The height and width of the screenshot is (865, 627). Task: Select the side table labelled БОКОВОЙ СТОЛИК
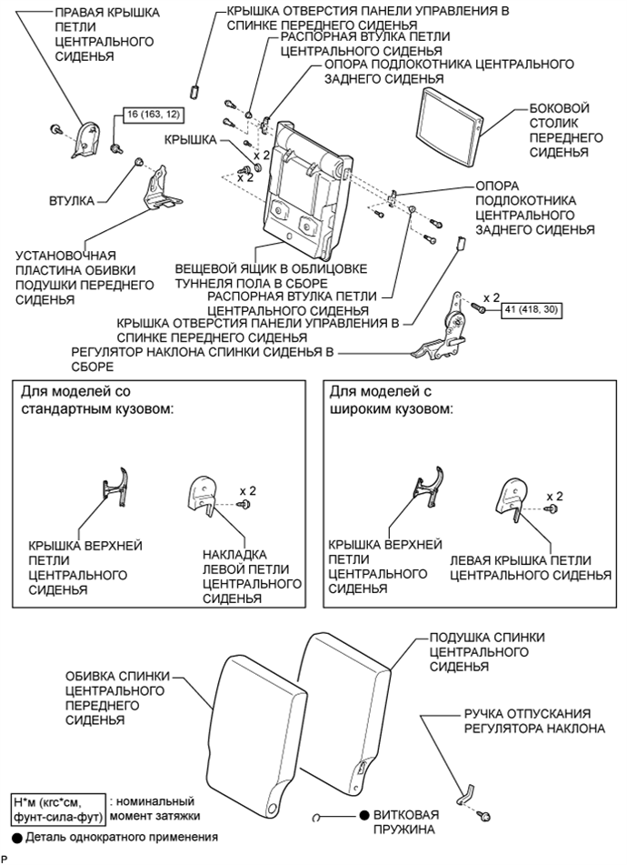[x=450, y=127]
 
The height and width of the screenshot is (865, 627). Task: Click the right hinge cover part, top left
[x=85, y=139]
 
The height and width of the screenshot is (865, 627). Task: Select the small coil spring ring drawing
[x=316, y=818]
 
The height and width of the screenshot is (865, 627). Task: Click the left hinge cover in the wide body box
[x=513, y=499]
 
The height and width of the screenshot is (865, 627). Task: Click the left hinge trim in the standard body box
[x=203, y=496]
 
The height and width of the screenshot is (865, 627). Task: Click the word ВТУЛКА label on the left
[x=72, y=201]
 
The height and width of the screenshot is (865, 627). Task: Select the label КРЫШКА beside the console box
[x=190, y=140]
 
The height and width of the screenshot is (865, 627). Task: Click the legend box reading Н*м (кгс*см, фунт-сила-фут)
[x=58, y=809]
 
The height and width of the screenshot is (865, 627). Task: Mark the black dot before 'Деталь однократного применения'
[x=17, y=839]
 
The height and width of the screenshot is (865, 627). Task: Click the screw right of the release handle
[x=485, y=816]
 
